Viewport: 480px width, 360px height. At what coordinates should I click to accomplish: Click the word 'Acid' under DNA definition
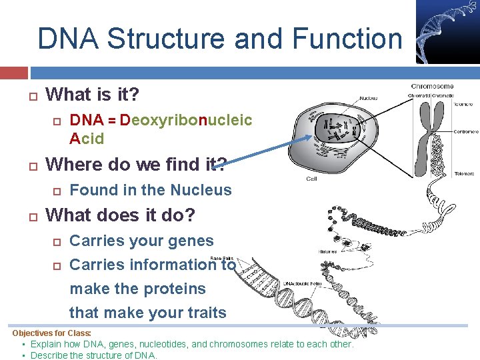pyautogui.click(x=87, y=139)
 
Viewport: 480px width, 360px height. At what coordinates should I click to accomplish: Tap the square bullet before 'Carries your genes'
pyautogui.click(x=57, y=241)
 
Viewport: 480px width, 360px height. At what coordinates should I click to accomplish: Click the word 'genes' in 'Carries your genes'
pyautogui.click(x=191, y=241)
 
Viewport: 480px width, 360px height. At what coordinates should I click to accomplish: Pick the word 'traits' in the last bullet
pyautogui.click(x=204, y=313)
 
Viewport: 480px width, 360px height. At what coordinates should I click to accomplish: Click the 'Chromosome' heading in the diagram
pyautogui.click(x=432, y=86)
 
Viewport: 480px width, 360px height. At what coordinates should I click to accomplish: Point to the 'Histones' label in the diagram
pyautogui.click(x=327, y=252)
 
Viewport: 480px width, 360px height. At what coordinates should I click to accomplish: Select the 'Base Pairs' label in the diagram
pyautogui.click(x=221, y=259)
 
